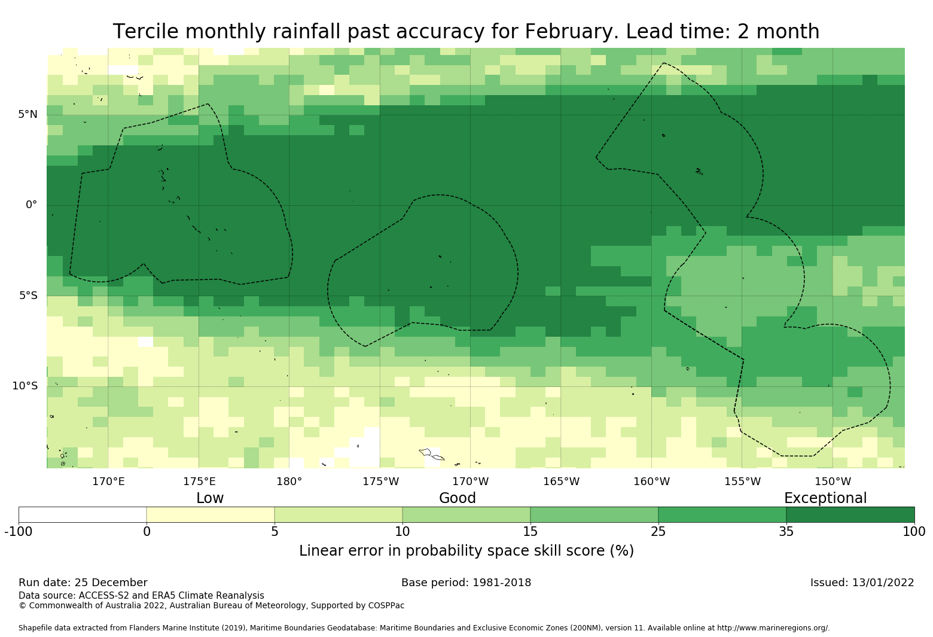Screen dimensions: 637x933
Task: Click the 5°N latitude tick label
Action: [x=28, y=114]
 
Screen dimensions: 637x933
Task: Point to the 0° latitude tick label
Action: [x=31, y=205]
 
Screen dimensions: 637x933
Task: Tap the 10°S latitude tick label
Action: [x=25, y=386]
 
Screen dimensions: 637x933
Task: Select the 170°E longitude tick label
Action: [x=108, y=481]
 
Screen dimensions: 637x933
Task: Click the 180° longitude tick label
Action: [x=289, y=481]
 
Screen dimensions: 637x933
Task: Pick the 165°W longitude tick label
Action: [x=561, y=481]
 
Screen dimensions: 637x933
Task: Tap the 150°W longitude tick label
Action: [x=833, y=481]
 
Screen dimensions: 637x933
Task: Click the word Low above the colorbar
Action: [x=210, y=498]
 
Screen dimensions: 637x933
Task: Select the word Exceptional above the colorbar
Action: [x=825, y=498]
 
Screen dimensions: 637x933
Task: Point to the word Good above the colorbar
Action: [x=458, y=498]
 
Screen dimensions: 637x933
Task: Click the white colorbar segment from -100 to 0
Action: [x=83, y=514]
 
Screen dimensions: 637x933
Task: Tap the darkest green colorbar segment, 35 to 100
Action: [x=850, y=514]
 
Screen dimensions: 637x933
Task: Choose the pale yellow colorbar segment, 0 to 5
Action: [x=211, y=514]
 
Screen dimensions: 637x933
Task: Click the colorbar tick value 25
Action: [x=658, y=531]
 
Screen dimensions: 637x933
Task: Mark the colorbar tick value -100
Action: [x=19, y=531]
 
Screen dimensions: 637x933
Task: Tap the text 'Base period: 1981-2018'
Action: [x=466, y=583]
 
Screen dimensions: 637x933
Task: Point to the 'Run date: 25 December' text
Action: [x=83, y=583]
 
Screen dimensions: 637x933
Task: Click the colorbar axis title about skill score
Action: [x=466, y=551]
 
